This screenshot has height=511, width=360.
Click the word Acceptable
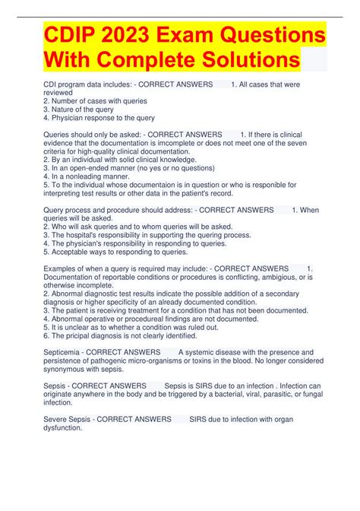click(x=73, y=252)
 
